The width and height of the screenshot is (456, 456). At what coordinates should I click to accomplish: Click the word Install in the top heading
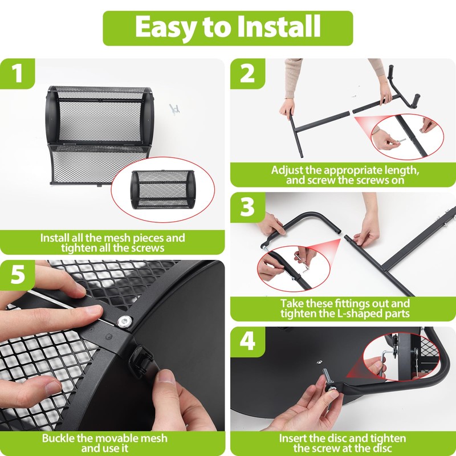click(x=279, y=26)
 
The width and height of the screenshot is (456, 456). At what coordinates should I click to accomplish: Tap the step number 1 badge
click(x=18, y=74)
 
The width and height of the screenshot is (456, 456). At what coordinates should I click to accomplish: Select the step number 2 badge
click(x=247, y=74)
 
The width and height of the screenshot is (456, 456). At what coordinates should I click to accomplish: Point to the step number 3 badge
click(x=247, y=207)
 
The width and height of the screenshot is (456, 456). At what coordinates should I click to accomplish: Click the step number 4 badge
click(x=247, y=341)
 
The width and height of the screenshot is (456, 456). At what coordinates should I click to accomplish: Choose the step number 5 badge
click(x=18, y=275)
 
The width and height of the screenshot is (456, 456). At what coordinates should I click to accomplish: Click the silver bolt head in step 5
click(x=124, y=321)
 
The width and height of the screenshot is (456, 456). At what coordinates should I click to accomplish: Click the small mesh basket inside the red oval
click(x=163, y=190)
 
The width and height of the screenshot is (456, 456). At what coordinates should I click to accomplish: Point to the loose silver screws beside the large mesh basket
click(x=174, y=109)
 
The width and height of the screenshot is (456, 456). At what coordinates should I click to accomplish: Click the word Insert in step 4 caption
click(x=292, y=438)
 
